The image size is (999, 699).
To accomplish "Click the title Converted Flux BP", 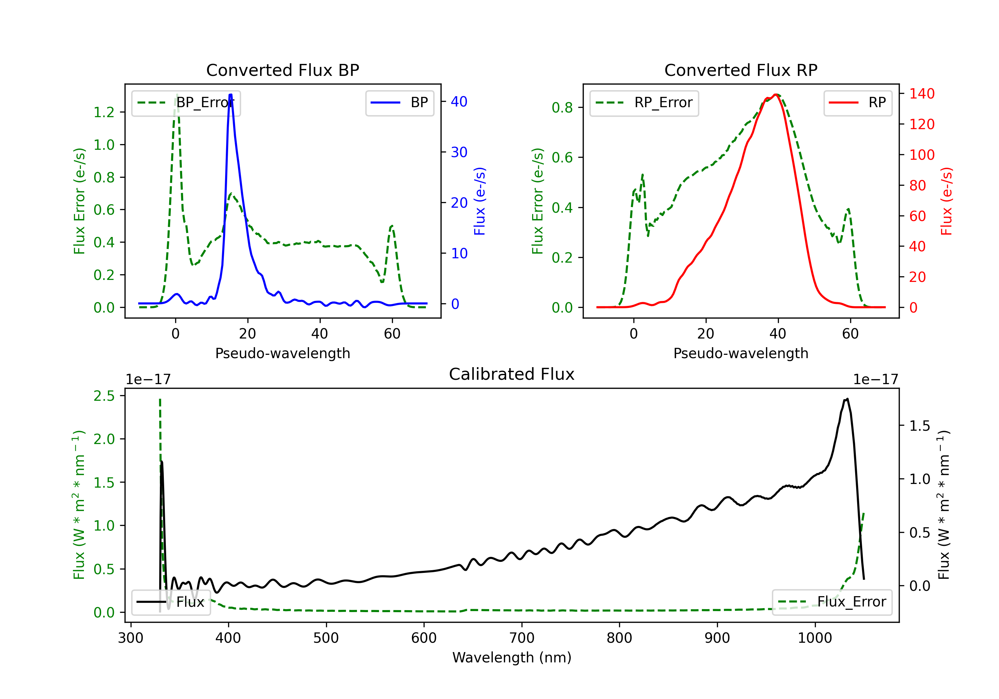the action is pyautogui.click(x=283, y=70).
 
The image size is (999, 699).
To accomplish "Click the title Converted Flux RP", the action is pyautogui.click(x=741, y=70).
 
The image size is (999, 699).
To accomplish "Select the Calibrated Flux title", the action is pyautogui.click(x=512, y=374).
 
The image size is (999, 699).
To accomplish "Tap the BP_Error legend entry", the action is pyautogui.click(x=186, y=103).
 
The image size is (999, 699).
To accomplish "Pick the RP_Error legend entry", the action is pyautogui.click(x=644, y=103).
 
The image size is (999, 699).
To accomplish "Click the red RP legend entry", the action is pyautogui.click(x=857, y=103).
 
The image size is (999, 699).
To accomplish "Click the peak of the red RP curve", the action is pyautogui.click(x=776, y=95).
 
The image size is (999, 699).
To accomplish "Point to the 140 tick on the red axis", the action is pyautogui.click(x=922, y=94).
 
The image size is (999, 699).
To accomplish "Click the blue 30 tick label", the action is pyautogui.click(x=459, y=152).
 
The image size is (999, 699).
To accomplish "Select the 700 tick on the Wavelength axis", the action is pyautogui.click(x=522, y=638).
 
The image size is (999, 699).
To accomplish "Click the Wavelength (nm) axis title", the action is pyautogui.click(x=512, y=657).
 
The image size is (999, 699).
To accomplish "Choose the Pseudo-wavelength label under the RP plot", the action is pyautogui.click(x=741, y=353).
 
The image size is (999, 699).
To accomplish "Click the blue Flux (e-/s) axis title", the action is pyautogui.click(x=480, y=201).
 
